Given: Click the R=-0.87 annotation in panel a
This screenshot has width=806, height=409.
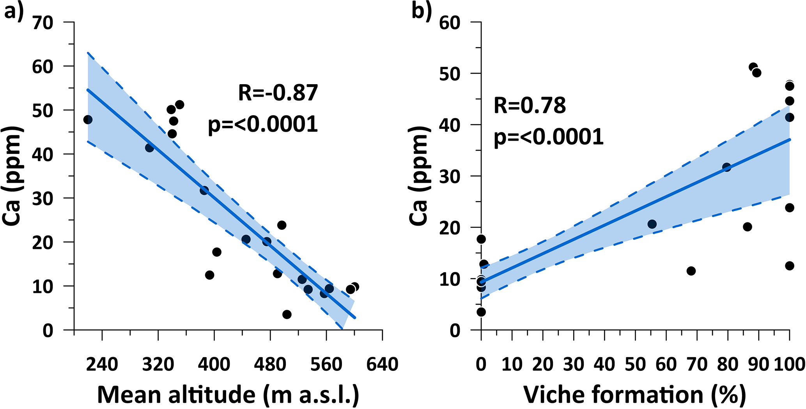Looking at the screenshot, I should click(x=278, y=93).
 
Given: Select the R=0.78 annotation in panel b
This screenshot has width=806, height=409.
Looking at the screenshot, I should click(x=530, y=106).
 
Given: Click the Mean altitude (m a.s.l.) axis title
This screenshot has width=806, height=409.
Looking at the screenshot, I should click(x=228, y=395).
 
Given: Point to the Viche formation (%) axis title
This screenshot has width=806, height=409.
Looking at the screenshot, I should click(x=635, y=395).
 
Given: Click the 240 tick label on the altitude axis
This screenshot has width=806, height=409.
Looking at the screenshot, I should click(x=102, y=364).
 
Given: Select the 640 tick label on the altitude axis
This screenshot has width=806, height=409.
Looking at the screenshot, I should click(x=382, y=364).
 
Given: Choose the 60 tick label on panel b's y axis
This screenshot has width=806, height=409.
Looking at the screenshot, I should click(x=450, y=23).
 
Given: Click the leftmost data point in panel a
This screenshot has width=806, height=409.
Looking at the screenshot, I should click(x=88, y=120).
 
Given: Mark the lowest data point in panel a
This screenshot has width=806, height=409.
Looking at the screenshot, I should click(x=287, y=314).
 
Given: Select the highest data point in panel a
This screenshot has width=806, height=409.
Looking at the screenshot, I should click(x=179, y=105).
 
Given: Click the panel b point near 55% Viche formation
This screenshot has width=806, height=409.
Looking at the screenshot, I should click(x=652, y=224).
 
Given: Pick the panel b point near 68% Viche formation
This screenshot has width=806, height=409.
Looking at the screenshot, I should click(x=691, y=271).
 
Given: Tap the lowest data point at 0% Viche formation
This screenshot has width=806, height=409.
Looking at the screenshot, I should click(x=481, y=312).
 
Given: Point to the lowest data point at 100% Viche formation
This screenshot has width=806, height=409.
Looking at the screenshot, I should click(x=790, y=266).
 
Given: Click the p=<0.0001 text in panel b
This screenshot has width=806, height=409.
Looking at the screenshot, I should click(x=549, y=137).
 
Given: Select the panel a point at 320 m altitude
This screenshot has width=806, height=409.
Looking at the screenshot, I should click(x=149, y=148).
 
